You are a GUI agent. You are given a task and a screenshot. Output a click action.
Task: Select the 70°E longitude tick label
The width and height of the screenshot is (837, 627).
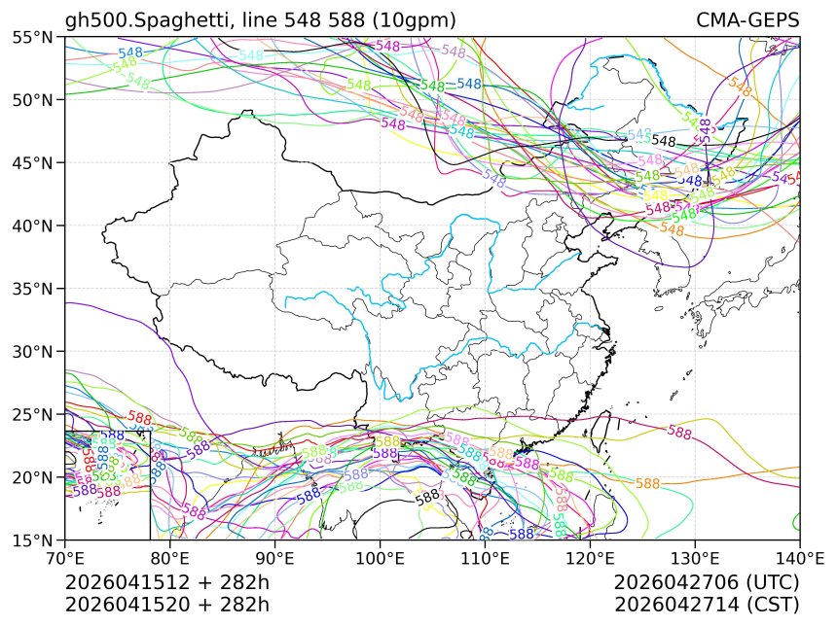[65, 559]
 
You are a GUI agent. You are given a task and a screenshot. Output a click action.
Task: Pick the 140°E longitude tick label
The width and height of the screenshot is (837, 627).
[799, 559]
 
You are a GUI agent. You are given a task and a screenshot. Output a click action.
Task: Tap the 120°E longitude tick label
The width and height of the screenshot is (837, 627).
[590, 559]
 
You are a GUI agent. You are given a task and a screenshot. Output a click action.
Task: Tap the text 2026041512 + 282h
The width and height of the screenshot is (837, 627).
[166, 583]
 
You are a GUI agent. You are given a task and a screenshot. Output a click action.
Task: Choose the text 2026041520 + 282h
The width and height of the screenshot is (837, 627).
[166, 605]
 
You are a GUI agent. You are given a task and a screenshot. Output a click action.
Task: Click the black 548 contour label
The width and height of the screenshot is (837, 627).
[664, 141]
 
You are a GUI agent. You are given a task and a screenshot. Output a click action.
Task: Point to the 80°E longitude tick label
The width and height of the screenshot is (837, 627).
[170, 559]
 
